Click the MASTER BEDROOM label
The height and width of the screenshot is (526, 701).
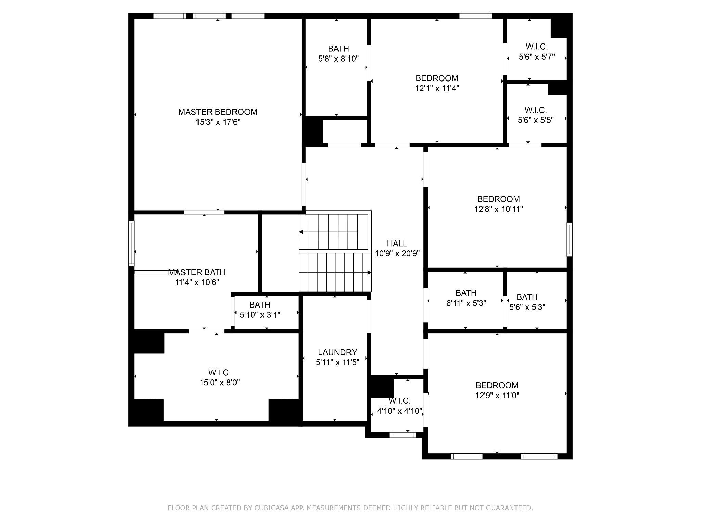(x=218, y=112)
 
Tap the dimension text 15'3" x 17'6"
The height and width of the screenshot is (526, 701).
(x=218, y=122)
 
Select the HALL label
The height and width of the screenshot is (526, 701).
(x=397, y=243)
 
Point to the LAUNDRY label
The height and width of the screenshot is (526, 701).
(x=337, y=352)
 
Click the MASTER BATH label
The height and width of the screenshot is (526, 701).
(x=197, y=272)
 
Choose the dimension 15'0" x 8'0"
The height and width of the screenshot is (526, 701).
(x=220, y=383)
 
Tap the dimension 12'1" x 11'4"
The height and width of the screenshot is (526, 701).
(x=437, y=88)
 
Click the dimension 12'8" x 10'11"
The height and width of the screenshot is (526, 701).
(x=499, y=209)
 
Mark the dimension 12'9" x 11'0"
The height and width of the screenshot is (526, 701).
(x=497, y=396)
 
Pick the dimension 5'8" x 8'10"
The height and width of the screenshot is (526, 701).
(x=339, y=59)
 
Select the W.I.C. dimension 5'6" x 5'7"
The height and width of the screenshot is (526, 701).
(x=537, y=57)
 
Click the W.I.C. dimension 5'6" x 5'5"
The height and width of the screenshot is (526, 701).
(x=536, y=120)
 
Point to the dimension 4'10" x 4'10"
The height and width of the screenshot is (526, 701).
(x=399, y=411)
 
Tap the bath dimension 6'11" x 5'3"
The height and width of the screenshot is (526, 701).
(x=466, y=303)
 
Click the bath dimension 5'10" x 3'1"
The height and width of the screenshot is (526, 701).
(x=260, y=315)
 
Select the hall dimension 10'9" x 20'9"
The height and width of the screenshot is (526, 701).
(x=397, y=254)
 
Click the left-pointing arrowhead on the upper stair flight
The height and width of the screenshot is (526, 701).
(x=301, y=232)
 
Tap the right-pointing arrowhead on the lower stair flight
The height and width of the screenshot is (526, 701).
(x=370, y=273)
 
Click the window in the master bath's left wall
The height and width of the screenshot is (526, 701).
(x=131, y=243)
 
